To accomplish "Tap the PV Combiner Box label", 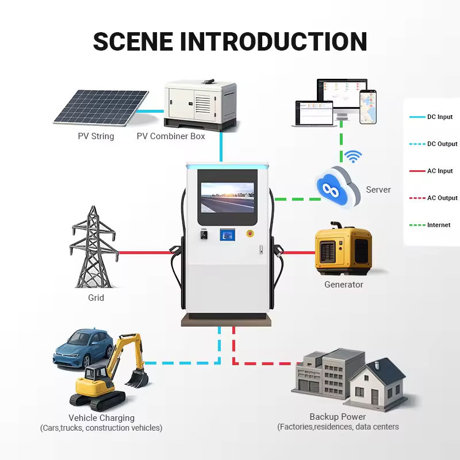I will tap(171, 136).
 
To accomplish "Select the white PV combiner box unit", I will tap(200, 103).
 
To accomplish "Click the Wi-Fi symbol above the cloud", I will tap(352, 156).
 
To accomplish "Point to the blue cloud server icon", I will tap(336, 186).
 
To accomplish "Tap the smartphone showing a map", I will tap(368, 107).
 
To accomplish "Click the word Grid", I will tap(96, 298).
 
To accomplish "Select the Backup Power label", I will tap(338, 417).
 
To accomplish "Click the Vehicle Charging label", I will tap(101, 418).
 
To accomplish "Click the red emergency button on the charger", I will tap(250, 233).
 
